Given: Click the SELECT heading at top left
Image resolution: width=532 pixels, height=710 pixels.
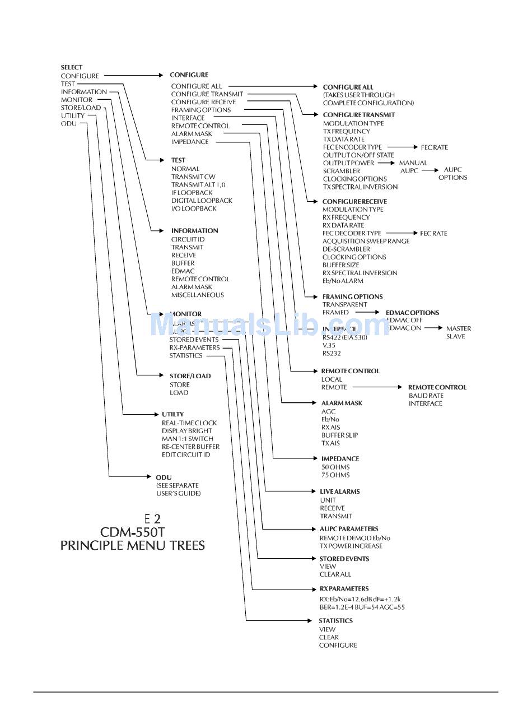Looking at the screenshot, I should (x=72, y=67).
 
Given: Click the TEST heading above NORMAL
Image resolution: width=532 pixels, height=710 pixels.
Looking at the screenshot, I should (x=178, y=160).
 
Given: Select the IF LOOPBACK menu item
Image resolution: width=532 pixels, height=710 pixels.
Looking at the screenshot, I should (x=192, y=192).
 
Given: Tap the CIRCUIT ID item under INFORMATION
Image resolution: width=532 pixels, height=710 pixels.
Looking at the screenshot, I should (x=188, y=239).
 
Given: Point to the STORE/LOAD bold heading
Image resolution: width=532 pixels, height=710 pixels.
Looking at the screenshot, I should (x=190, y=376).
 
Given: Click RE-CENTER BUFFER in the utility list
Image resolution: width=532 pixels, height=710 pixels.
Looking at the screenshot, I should (x=190, y=447).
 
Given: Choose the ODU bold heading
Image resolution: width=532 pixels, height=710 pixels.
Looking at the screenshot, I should (x=164, y=477).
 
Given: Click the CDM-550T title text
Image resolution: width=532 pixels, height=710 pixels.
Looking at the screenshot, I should (x=133, y=531).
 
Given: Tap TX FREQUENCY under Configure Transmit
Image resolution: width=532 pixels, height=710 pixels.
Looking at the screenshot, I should (x=347, y=131).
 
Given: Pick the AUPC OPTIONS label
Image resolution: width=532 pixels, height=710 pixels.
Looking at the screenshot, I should (x=452, y=173).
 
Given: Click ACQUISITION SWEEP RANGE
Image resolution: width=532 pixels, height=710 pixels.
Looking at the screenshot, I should (x=366, y=241).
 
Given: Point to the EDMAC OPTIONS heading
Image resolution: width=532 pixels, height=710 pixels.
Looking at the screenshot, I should (x=412, y=313).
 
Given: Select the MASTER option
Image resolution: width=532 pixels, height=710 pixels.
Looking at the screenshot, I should (x=458, y=328).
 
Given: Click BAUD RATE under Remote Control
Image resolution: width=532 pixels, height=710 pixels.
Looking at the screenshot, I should (x=426, y=395).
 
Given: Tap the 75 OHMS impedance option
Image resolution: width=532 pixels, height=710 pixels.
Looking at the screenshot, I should (x=335, y=475).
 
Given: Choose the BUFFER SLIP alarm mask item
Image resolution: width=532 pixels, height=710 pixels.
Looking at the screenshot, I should (x=339, y=435).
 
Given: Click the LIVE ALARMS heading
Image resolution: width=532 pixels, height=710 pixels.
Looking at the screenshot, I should (x=339, y=491).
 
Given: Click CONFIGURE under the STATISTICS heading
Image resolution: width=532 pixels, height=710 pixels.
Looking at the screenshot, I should (x=338, y=645).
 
